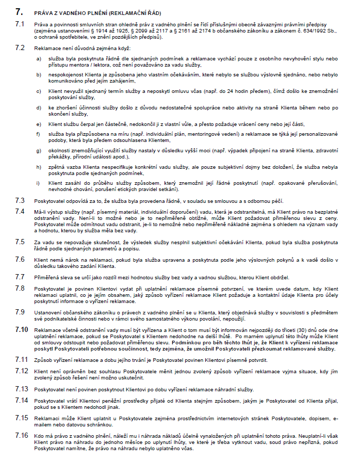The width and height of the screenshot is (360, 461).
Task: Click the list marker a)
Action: point(39,58)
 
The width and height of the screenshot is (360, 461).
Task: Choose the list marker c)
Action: point(39,91)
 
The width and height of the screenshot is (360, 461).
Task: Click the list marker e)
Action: point(39,124)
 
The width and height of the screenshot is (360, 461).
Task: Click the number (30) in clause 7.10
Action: point(307,330)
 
